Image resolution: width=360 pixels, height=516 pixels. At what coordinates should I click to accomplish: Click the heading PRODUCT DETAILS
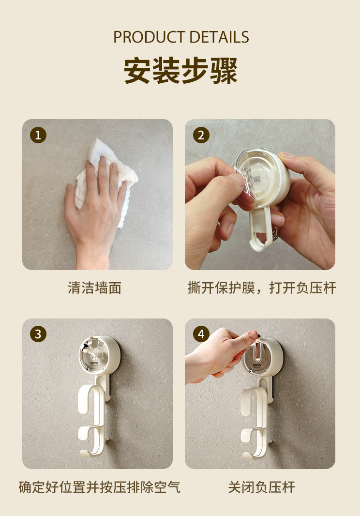click(181, 37)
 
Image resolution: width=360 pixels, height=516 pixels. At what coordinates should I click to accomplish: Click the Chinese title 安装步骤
click(180, 70)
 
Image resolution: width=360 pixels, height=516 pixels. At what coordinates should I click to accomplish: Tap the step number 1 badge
click(38, 135)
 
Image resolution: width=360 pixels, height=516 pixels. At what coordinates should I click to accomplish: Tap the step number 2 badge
click(201, 135)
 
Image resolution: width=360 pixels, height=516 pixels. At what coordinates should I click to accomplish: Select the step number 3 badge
click(38, 334)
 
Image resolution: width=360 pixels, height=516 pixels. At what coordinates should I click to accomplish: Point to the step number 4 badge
click(201, 334)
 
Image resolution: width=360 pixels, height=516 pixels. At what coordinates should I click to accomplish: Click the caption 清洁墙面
click(95, 288)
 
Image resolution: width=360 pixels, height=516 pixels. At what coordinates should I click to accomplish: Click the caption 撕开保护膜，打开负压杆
click(262, 288)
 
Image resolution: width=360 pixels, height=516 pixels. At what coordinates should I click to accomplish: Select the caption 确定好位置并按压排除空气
click(99, 487)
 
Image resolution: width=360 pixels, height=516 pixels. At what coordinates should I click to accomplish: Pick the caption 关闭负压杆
click(262, 487)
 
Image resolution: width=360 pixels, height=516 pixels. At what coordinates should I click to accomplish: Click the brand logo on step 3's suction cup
click(94, 364)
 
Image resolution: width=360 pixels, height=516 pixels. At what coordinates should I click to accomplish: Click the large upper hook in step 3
click(94, 400)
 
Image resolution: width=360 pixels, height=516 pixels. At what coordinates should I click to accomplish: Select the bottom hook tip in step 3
click(85, 454)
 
